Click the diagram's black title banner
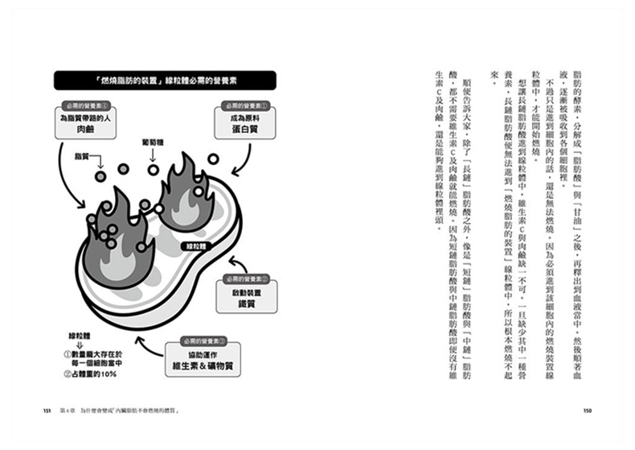pos(165,81)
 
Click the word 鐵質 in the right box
pos(247,305)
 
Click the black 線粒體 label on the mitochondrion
pos(197,246)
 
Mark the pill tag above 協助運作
pos(194,342)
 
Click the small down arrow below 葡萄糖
pos(153,168)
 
